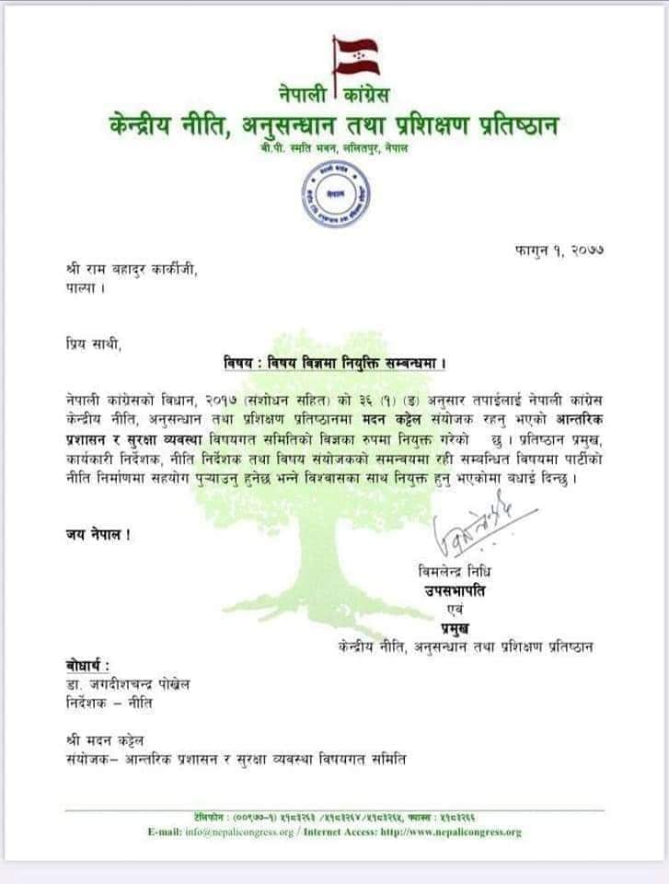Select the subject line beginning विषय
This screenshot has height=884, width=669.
coord(335,363)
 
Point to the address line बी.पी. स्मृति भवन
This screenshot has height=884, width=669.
coord(333,148)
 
